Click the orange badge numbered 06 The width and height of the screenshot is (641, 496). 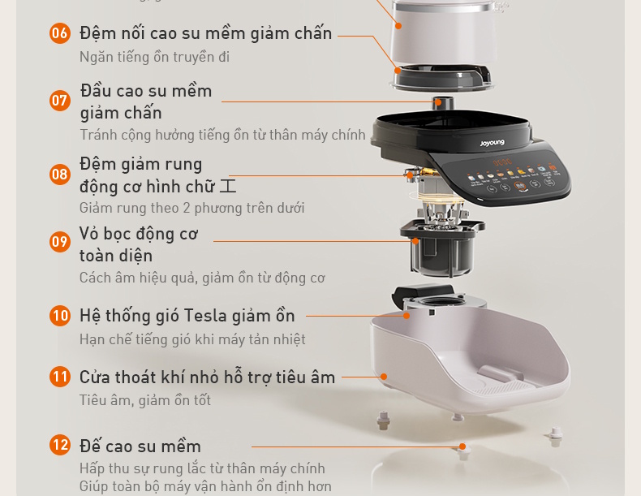click(x=60, y=33)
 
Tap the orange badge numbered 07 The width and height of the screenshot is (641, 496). click(x=60, y=101)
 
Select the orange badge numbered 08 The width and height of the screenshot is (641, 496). click(x=60, y=175)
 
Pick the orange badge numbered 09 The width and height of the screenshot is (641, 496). click(x=60, y=242)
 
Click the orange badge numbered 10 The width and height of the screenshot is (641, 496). click(x=60, y=316)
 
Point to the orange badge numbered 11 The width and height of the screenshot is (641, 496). click(x=60, y=377)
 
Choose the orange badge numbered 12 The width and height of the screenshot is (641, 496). click(x=60, y=445)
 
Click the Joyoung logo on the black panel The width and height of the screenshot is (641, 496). click(x=492, y=144)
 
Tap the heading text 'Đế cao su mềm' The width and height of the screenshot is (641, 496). click(x=140, y=446)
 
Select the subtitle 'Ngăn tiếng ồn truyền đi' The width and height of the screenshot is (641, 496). click(x=154, y=57)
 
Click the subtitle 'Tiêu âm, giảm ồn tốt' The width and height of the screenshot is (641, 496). click(x=145, y=400)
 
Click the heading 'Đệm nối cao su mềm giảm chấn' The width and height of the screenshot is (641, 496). click(x=205, y=33)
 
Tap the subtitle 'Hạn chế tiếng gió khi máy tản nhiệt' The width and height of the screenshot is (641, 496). click(x=192, y=339)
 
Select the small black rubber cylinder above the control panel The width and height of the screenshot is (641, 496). click(x=443, y=103)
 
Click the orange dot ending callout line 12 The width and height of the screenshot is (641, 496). click(x=462, y=446)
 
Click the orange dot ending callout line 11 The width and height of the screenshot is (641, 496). click(x=384, y=377)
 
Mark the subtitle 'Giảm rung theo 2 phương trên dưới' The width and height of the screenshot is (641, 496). click(x=191, y=208)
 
